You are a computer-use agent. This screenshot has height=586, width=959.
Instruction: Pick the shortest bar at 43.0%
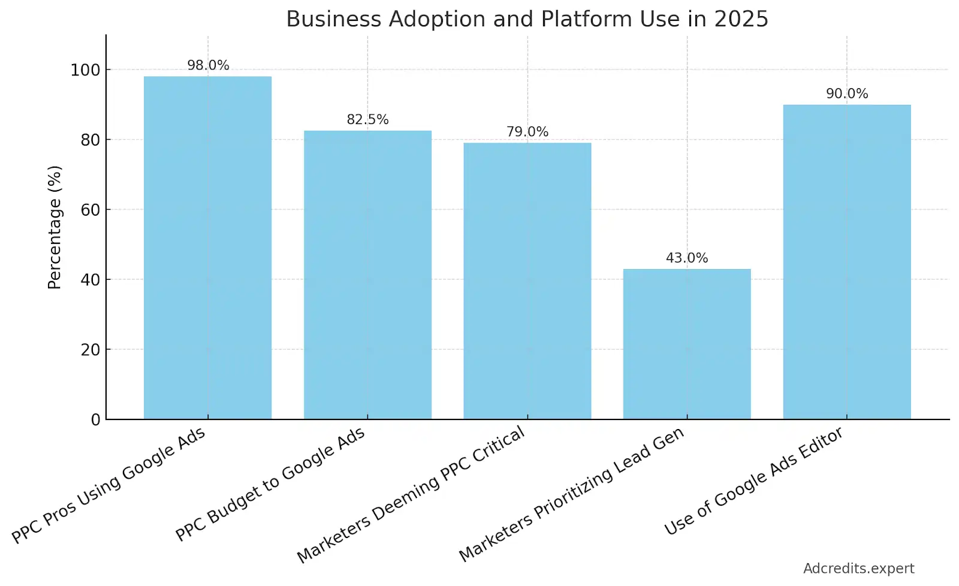pyautogui.click(x=687, y=344)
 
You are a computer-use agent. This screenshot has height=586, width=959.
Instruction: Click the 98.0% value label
pyautogui.click(x=208, y=65)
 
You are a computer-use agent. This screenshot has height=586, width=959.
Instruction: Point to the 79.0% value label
pyautogui.click(x=527, y=132)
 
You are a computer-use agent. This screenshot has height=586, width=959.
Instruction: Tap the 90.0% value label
pyautogui.click(x=847, y=93)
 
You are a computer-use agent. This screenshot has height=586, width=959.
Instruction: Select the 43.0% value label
pyautogui.click(x=687, y=258)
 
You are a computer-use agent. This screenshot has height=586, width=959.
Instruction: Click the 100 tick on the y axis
pyautogui.click(x=85, y=70)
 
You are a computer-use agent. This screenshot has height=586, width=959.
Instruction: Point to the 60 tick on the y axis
pyautogui.click(x=91, y=210)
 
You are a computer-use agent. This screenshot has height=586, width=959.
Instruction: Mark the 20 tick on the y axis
pyautogui.click(x=91, y=350)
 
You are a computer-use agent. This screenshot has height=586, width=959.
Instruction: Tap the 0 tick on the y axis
pyautogui.click(x=95, y=420)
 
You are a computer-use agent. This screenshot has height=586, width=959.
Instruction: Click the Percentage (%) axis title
pyautogui.click(x=55, y=227)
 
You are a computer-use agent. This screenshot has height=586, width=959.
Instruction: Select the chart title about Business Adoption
pyautogui.click(x=527, y=19)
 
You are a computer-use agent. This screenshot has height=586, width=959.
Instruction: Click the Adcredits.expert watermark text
pyautogui.click(x=858, y=569)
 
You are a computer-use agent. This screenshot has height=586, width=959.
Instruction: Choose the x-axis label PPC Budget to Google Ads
pyautogui.click(x=270, y=484)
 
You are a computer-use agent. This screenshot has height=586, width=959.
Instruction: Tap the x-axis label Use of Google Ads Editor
pyautogui.click(x=753, y=481)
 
